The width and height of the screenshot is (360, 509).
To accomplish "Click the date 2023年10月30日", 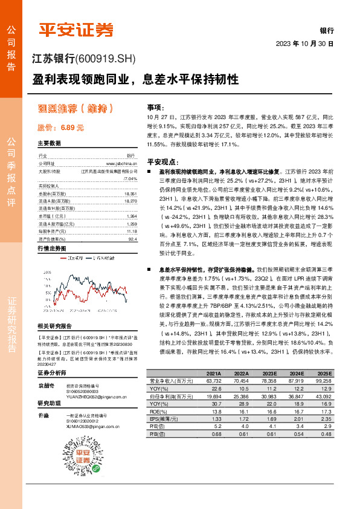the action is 304,44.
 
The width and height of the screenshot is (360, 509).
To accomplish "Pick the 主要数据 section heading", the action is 49,143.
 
